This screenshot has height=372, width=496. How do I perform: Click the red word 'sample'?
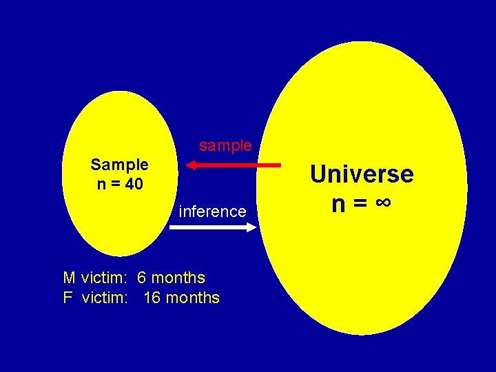click(x=225, y=146)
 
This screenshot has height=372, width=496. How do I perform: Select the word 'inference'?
click(x=212, y=211)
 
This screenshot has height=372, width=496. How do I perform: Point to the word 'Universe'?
click(x=362, y=174)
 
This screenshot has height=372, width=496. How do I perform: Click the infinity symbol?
click(x=384, y=204)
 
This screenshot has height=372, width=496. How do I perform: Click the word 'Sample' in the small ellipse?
click(x=119, y=165)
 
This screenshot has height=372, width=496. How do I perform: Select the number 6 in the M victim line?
click(x=141, y=278)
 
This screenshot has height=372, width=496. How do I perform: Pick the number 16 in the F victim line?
click(x=152, y=298)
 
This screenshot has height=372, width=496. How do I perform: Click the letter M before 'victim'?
click(x=69, y=278)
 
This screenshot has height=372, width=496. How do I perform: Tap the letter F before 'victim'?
click(x=68, y=298)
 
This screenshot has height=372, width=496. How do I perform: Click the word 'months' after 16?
click(x=193, y=298)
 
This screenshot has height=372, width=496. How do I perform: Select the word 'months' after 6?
click(x=178, y=278)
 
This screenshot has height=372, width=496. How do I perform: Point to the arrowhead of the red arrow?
click(x=192, y=165)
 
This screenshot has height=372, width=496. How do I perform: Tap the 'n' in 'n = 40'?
click(x=100, y=184)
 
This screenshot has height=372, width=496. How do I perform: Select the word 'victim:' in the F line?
click(x=106, y=298)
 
